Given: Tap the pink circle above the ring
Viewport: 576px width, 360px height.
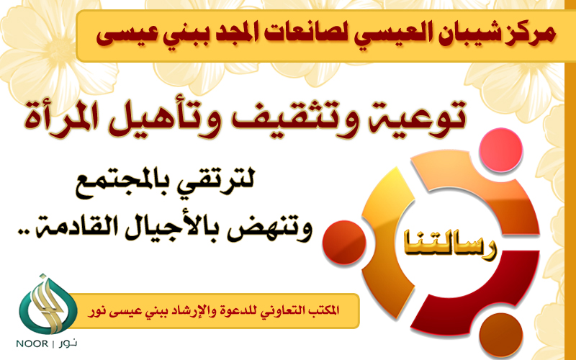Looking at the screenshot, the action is pyautogui.click(x=500, y=150).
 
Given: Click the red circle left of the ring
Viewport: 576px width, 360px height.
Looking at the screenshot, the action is pyautogui.click(x=344, y=242).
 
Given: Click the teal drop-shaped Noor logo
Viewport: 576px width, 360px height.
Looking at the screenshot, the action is pyautogui.click(x=48, y=304).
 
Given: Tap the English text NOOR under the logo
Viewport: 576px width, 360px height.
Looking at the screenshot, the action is pyautogui.click(x=32, y=344).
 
